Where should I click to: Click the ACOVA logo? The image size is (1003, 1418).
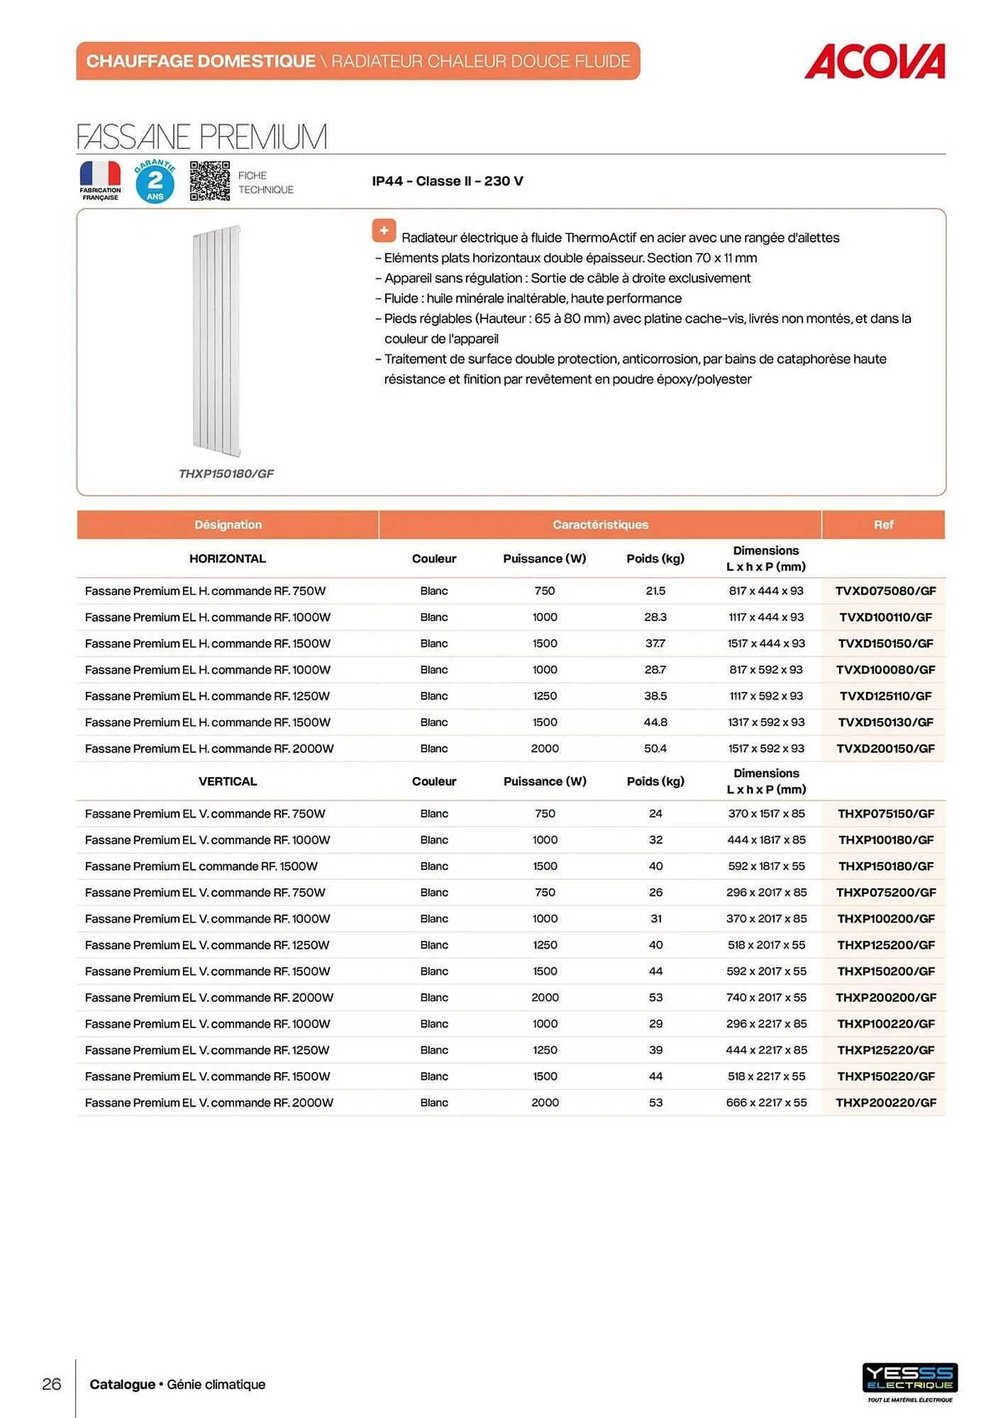(x=874, y=62)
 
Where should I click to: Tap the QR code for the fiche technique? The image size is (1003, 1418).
(x=209, y=181)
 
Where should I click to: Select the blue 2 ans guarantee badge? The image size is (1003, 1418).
(x=155, y=182)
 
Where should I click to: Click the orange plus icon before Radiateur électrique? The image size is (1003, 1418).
(x=384, y=230)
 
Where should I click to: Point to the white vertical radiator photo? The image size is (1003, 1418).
(x=216, y=340)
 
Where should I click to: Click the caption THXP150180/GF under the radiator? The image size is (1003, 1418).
(x=226, y=474)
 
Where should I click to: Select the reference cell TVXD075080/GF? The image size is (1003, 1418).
(x=885, y=591)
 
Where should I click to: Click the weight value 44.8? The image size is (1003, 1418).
(x=655, y=722)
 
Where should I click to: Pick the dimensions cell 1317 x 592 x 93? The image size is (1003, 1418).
(x=765, y=722)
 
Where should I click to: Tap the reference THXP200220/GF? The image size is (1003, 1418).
(x=885, y=1102)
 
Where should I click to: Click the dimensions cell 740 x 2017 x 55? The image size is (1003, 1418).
(x=765, y=998)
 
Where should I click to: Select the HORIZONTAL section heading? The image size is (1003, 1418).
(x=227, y=559)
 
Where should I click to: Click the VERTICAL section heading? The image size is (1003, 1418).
(x=227, y=781)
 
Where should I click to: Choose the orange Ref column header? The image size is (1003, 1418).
(x=883, y=525)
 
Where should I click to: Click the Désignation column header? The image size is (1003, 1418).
(x=228, y=525)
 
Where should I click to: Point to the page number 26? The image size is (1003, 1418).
(x=52, y=1384)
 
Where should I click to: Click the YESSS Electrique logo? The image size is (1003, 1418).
(x=909, y=1379)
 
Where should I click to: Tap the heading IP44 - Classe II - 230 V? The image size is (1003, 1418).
(x=447, y=181)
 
